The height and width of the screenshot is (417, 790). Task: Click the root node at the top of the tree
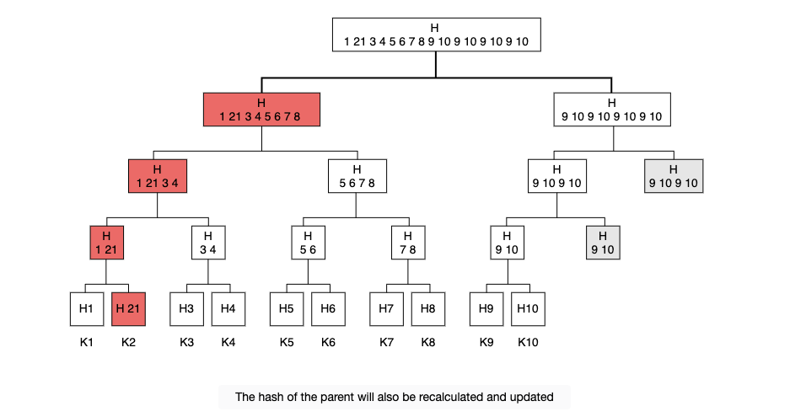[437, 35]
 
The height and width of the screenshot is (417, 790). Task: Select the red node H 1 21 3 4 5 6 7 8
[261, 110]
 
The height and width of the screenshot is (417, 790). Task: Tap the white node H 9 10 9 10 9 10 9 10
[611, 110]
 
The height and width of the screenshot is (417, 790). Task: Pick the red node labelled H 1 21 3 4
[158, 176]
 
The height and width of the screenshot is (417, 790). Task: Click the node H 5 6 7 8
[357, 176]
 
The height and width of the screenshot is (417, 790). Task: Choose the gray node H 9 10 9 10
[674, 176]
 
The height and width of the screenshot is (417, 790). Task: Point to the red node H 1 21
[107, 243]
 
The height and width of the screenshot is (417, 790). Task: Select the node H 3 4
[208, 243]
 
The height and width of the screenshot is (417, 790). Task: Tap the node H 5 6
[308, 243]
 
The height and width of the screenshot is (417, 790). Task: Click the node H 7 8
[408, 243]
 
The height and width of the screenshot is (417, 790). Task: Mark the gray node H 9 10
[603, 243]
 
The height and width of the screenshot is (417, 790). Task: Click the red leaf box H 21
[128, 309]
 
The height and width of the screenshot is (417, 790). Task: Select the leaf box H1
[87, 309]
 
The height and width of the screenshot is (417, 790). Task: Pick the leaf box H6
[328, 309]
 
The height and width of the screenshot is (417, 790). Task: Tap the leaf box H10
[528, 309]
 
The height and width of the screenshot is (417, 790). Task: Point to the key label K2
[128, 343]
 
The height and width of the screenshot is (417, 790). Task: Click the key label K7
[386, 343]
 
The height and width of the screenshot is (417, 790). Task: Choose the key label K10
[528, 343]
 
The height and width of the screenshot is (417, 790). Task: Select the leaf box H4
[228, 309]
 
